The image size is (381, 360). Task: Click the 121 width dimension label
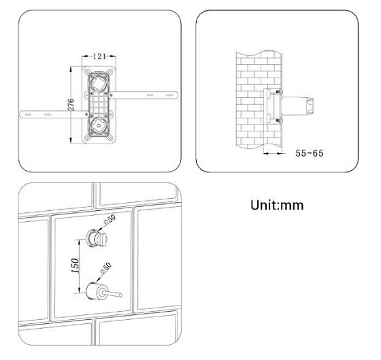coord(99,56)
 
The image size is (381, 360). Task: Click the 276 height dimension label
coord(71,105)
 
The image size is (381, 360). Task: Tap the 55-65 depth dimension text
coord(310,153)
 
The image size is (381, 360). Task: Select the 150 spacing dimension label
coord(75,265)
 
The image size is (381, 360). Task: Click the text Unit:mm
coord(277,205)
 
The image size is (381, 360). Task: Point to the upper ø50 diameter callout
coord(110,220)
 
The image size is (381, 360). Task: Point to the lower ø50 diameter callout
coord(105,268)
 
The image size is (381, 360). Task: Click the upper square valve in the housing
coord(99,82)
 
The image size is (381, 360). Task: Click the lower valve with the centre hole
coord(99,126)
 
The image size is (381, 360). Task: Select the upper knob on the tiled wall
coord(97,238)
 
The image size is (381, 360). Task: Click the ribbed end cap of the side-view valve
coord(310,106)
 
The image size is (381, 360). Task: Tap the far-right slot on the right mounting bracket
coord(169,95)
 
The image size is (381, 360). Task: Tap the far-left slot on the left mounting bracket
coord(28,114)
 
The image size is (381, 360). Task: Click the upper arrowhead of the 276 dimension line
coord(71,69)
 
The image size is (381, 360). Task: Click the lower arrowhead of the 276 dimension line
coord(71,140)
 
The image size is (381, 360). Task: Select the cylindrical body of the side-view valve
coord(293,106)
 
